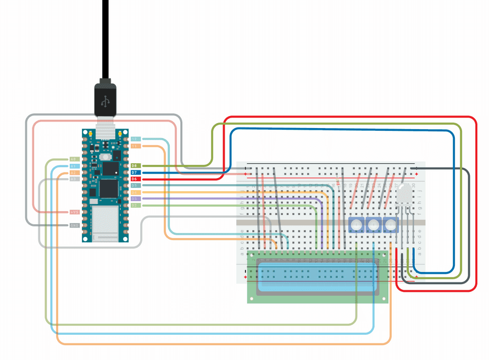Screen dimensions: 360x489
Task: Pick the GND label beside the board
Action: coord(74,225)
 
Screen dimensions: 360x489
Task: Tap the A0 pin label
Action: coord(74,159)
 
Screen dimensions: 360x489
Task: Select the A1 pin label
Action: coord(74,166)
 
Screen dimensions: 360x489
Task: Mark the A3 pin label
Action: coord(74,179)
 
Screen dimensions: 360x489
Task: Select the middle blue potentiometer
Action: coord(374,224)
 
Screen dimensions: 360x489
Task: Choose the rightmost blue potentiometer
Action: coord(391,224)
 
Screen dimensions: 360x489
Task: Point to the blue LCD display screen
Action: coord(318,278)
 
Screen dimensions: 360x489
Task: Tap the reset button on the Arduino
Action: coord(104,157)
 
